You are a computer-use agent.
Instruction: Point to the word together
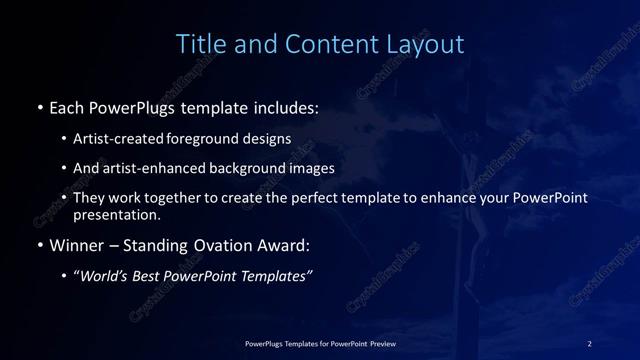click(177, 198)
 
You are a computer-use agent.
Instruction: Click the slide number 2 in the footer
click(590, 343)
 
